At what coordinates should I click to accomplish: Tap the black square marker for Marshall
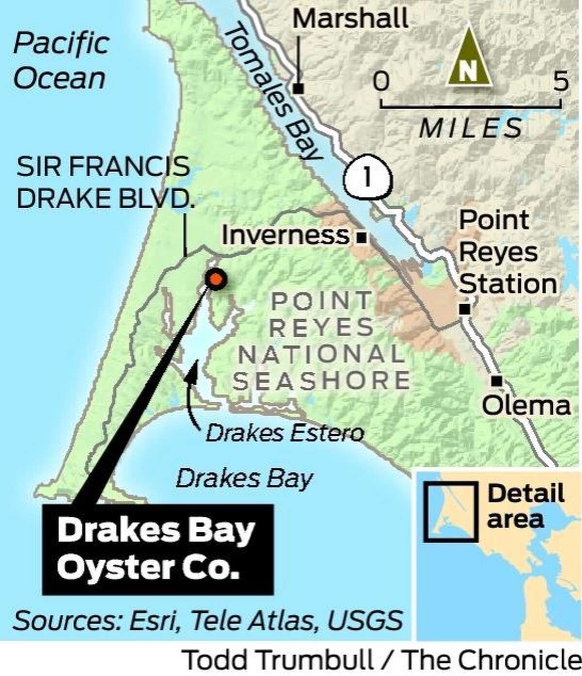click(x=299, y=89)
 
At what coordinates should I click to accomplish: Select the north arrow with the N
click(x=469, y=58)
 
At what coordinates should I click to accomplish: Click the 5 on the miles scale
click(x=561, y=81)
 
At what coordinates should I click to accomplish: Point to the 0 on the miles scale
click(x=381, y=81)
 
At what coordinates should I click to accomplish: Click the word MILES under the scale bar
click(x=471, y=128)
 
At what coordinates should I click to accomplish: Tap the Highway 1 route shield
click(x=367, y=177)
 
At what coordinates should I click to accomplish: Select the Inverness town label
click(x=286, y=235)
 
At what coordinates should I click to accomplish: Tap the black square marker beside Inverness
click(x=361, y=238)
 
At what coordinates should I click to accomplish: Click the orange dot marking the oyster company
click(x=216, y=279)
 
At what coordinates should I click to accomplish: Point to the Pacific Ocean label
click(x=60, y=61)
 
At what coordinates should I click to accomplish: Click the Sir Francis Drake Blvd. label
click(x=104, y=182)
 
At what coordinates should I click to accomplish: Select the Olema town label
click(x=527, y=406)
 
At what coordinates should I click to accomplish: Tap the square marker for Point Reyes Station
click(x=465, y=309)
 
